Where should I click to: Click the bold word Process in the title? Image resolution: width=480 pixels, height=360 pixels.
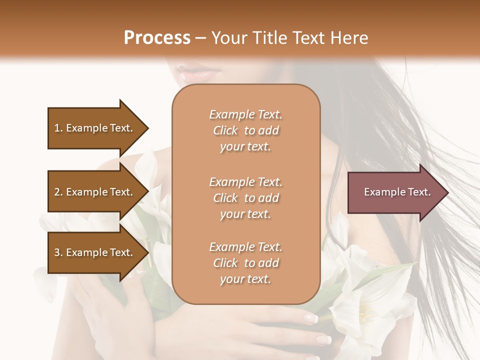157,38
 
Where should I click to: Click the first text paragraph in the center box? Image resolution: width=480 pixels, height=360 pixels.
245,130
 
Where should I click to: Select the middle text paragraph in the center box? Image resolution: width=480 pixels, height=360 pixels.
245,198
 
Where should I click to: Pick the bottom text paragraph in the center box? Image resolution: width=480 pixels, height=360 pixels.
245,263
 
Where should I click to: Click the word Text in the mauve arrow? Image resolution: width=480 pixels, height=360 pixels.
419,192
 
